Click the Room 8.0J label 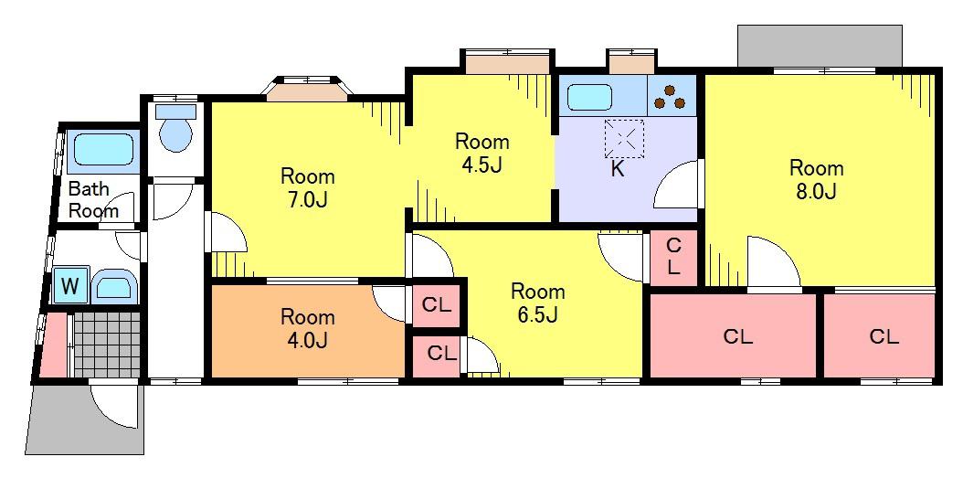point(816,179)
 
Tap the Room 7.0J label point(308,188)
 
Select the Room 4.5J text point(481,153)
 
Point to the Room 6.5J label point(538,302)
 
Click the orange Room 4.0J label point(308,329)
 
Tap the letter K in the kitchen point(617,170)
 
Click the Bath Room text point(93,199)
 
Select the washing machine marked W point(70,285)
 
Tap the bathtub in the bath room point(103,150)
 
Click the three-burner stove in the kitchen point(672,96)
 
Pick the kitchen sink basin point(589,97)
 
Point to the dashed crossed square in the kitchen point(624,139)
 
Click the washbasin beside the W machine point(114,287)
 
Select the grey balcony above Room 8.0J point(820,46)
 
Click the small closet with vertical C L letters point(673,257)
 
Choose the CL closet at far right point(880,336)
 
